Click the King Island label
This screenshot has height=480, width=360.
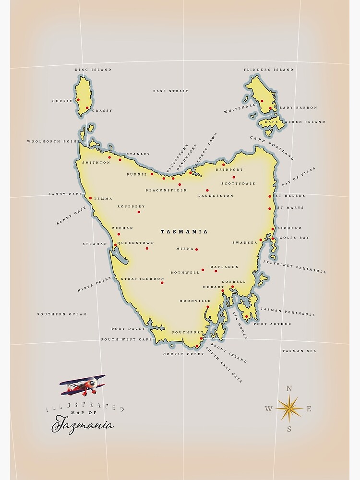click(x=93, y=70)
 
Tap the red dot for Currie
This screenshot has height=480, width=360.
click(x=78, y=100)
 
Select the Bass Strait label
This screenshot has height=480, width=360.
click(x=170, y=91)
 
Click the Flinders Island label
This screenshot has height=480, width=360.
click(x=268, y=70)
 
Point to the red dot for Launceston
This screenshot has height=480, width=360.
click(x=207, y=190)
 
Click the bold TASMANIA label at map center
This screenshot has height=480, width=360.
click(x=184, y=232)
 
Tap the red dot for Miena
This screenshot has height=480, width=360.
click(x=196, y=249)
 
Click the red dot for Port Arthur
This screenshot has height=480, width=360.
click(x=246, y=316)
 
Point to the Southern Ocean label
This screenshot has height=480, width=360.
click(x=62, y=314)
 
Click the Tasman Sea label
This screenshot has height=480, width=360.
click(x=299, y=351)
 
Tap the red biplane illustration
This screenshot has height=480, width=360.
click(x=83, y=385)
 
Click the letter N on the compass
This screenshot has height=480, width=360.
click(x=289, y=389)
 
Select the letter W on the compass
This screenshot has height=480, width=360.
click(x=269, y=409)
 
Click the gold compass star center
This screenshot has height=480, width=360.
click(x=289, y=408)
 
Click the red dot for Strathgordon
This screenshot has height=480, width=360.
click(x=162, y=282)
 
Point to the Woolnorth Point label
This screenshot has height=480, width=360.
click(x=53, y=142)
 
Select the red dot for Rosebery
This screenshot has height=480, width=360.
click(x=139, y=212)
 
